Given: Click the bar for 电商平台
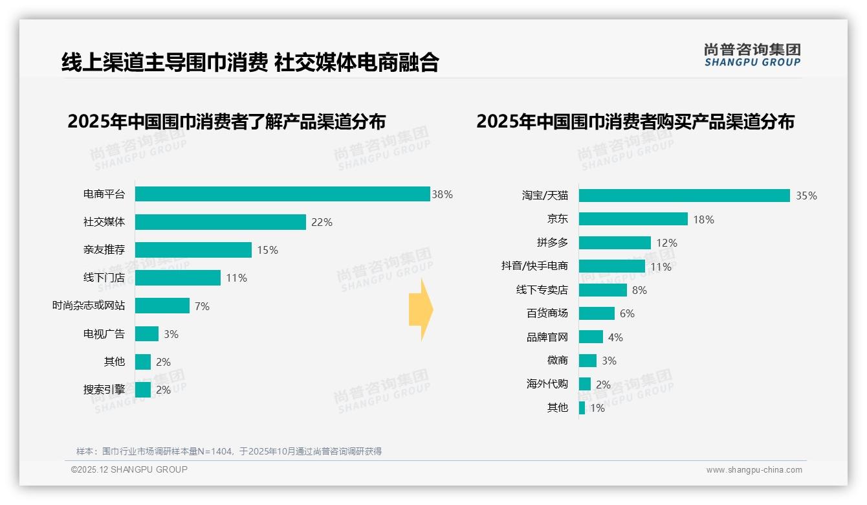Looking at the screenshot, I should click(283, 194).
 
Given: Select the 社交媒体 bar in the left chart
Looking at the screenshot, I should click(221, 222).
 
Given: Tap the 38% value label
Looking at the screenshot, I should click(443, 194).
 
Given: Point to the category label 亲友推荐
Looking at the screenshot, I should click(104, 250).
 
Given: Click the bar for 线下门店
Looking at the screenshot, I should click(178, 278).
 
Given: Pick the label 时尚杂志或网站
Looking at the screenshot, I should click(89, 306).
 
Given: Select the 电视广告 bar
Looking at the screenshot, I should click(147, 334).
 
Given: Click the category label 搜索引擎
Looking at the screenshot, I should click(104, 390).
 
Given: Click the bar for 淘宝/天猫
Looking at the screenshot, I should click(685, 196).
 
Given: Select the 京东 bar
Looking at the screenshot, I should click(633, 219).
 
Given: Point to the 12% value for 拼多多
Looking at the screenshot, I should click(666, 243).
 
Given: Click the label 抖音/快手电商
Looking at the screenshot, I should click(534, 266).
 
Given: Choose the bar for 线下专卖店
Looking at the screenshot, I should click(603, 290).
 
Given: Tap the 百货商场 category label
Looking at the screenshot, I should click(547, 313).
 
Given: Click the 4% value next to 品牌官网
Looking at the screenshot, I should click(615, 337).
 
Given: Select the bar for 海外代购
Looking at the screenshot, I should click(585, 384).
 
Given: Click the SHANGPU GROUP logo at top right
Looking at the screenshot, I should click(752, 55).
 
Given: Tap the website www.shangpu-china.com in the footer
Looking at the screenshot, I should click(754, 470).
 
